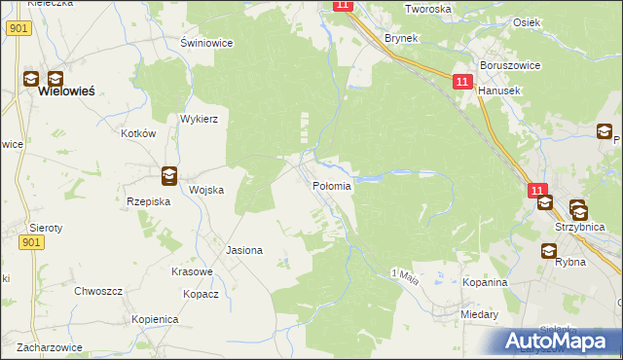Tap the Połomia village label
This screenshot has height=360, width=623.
pyautogui.click(x=332, y=186)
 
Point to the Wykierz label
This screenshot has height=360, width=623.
pyautogui.click(x=198, y=119)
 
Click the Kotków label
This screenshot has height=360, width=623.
pyautogui.click(x=138, y=133)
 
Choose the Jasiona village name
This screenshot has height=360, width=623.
pyautogui.click(x=244, y=250)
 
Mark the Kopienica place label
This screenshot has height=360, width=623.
pyautogui.click(x=155, y=319)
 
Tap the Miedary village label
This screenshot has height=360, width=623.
pyautogui.click(x=481, y=314)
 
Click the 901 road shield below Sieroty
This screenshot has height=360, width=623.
pyautogui.click(x=32, y=242)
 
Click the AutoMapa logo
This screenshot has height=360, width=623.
pyautogui.click(x=554, y=341)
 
